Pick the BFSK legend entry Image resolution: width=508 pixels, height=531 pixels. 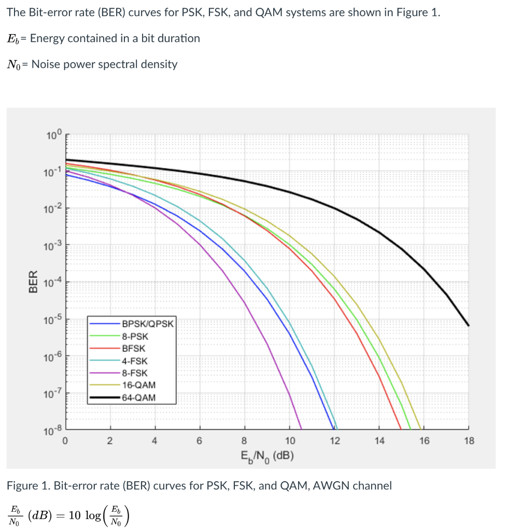[x=134, y=348]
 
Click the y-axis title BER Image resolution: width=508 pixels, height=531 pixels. [x=32, y=282]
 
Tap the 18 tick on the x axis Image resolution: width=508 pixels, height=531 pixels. [x=468, y=441]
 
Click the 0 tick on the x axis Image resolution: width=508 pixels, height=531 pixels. [x=65, y=441]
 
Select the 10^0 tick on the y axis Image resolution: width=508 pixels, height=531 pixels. [x=53, y=136]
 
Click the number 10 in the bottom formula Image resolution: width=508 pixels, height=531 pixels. [x=75, y=515]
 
